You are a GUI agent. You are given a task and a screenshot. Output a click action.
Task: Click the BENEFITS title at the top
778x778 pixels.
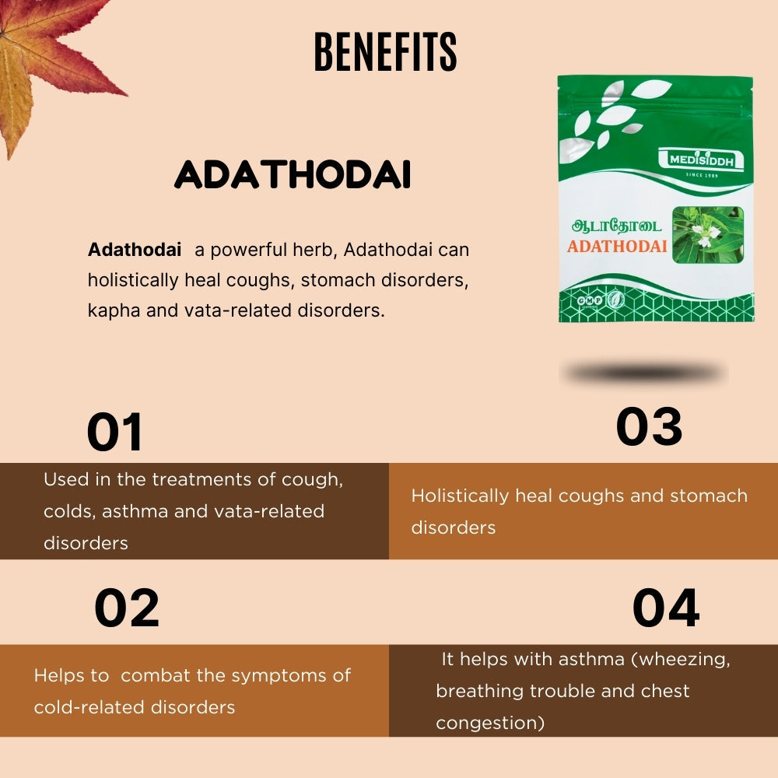(385, 53)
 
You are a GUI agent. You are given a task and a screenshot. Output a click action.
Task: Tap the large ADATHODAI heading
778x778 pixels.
(293, 177)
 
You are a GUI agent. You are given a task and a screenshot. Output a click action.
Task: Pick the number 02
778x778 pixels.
(127, 608)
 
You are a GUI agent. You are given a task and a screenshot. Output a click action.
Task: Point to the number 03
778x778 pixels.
(649, 426)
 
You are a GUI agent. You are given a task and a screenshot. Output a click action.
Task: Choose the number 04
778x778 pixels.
(665, 608)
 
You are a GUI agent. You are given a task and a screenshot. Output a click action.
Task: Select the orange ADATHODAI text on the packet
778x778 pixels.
(617, 247)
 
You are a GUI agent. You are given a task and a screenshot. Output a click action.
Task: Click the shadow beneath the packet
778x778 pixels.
(644, 374)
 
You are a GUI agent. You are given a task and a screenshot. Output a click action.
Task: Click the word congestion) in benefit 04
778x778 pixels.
(490, 723)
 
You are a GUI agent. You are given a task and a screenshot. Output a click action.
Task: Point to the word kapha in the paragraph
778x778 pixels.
(111, 310)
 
